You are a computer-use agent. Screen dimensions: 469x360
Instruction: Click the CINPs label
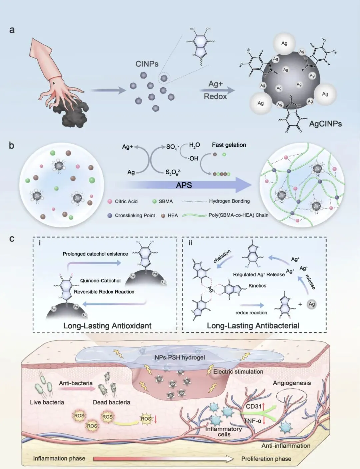pos(147,64)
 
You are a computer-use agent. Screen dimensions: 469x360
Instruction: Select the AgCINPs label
pos(325,124)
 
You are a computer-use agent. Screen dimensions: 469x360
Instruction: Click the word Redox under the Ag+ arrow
pos(215,96)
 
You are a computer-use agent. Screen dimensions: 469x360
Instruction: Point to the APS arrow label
pos(184,185)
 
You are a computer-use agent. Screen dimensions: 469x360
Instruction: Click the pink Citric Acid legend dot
pos(110,201)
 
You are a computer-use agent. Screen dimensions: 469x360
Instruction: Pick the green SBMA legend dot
pos(154,201)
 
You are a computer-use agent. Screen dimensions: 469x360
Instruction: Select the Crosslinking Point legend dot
pos(110,215)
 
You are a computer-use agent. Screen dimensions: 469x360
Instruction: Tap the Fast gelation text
pos(229,145)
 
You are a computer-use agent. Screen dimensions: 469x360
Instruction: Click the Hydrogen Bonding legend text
pos(229,201)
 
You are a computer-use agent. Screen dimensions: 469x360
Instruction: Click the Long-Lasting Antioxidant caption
pos(107,326)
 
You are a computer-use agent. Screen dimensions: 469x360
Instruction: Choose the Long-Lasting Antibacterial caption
pos(253,326)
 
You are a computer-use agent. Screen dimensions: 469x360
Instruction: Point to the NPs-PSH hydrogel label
pos(180,357)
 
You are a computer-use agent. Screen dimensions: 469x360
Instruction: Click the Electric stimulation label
pos(238,371)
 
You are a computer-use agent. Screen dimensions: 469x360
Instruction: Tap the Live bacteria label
pos(47,402)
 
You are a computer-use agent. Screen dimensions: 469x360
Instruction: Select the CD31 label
pos(254,406)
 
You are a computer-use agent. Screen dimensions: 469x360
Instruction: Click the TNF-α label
pos(252,421)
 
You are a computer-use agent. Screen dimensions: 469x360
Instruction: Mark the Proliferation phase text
pos(266,459)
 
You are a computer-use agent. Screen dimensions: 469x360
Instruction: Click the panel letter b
pos(12,146)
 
